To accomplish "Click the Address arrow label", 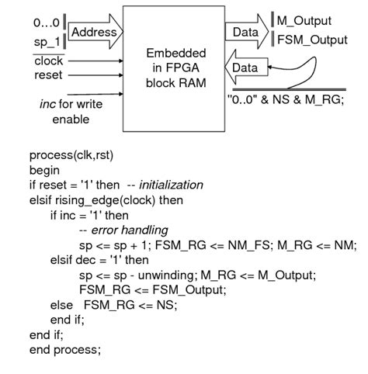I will (93, 32).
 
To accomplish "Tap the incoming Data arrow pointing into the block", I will (245, 68).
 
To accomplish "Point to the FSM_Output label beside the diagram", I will (314, 39).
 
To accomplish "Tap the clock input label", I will (48, 61).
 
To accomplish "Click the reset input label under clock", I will (47, 75).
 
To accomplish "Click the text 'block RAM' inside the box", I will (176, 83).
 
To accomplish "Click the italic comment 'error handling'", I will (130, 230).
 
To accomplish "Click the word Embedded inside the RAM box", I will (176, 54).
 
